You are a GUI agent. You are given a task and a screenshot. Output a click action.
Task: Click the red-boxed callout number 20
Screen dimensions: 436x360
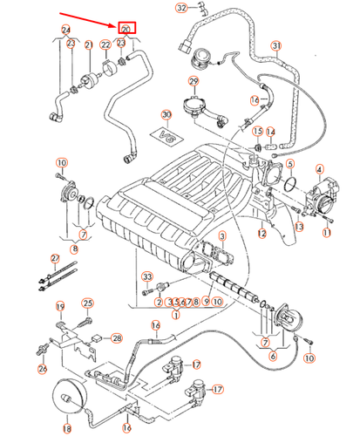coord(126,30)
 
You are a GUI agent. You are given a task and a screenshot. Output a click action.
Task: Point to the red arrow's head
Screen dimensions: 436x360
coord(116,26)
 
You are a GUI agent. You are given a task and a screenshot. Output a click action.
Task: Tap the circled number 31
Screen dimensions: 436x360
coord(276,45)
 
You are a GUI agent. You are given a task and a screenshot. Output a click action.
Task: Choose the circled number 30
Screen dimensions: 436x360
coord(166,114)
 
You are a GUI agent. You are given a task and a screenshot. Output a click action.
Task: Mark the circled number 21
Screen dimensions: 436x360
coord(89,44)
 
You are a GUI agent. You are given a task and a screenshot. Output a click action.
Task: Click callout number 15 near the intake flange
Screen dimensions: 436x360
coord(257,132)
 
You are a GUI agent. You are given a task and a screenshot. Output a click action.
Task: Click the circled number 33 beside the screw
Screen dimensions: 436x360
coord(147,276)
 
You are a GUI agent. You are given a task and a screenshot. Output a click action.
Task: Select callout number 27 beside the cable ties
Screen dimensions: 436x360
coord(54,259)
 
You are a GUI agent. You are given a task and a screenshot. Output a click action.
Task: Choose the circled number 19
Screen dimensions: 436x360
coord(61,306)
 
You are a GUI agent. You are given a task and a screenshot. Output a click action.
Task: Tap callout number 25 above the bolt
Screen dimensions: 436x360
coord(87,303)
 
